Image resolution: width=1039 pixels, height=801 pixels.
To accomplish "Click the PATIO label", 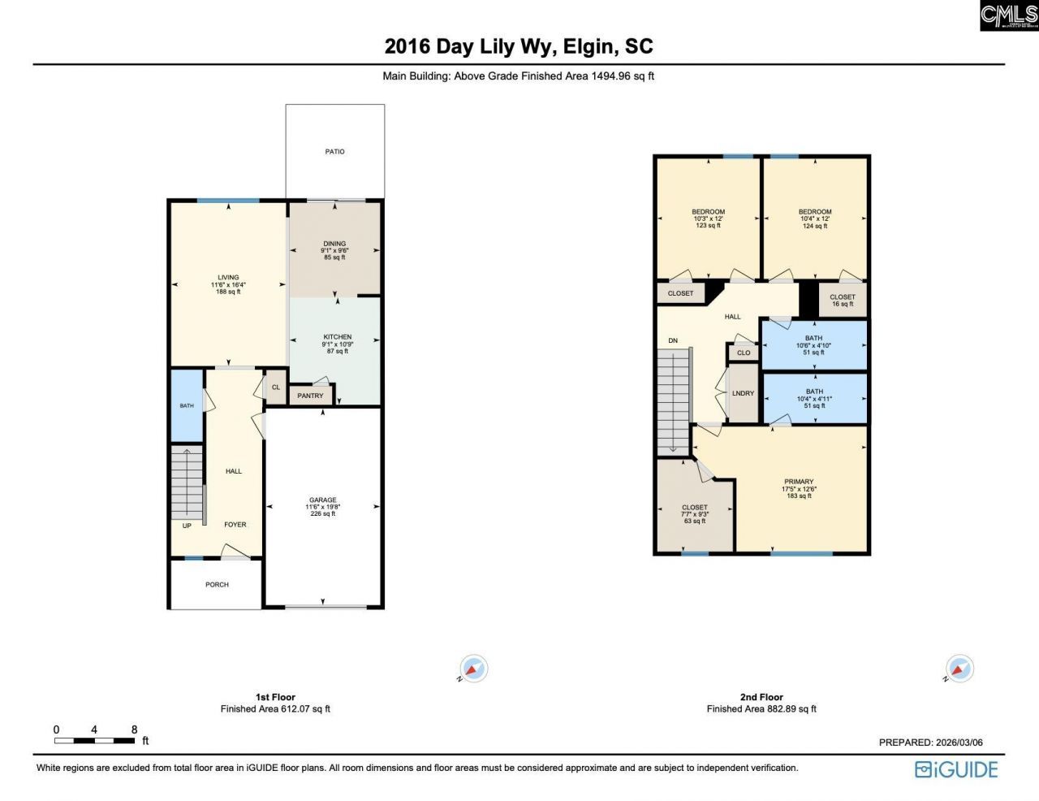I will [334, 152].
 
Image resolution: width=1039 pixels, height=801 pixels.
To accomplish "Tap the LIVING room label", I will [228, 278].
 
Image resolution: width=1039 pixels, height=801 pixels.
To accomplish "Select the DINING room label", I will [334, 244].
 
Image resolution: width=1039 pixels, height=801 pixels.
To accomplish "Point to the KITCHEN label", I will [338, 337].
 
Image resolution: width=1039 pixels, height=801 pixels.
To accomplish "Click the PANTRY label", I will [310, 396].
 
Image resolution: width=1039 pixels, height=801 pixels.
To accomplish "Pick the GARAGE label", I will [322, 500].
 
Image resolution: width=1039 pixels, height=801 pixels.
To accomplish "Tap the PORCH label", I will [217, 585].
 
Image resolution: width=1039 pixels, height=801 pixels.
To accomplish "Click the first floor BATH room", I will [187, 405].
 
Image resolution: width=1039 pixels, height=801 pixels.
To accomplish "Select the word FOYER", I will [235, 525].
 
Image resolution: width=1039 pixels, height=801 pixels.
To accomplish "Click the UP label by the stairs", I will [187, 526].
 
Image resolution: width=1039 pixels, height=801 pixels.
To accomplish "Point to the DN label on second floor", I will [673, 340].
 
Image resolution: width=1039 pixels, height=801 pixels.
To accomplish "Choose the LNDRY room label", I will [743, 393].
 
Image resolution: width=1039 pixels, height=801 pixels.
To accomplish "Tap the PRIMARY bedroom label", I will [799, 482].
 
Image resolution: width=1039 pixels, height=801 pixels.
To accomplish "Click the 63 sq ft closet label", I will [695, 513].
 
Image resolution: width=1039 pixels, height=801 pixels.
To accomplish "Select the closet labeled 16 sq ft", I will [843, 300].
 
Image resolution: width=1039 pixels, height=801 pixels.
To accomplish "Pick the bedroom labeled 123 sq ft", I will [708, 218].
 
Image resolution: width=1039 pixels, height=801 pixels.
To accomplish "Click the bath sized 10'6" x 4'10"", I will [813, 345].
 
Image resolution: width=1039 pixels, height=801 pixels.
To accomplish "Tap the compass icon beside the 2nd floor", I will [959, 669].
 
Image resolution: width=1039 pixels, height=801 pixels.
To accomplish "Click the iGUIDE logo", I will [956, 769].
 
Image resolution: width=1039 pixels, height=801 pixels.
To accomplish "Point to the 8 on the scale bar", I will [134, 730].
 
